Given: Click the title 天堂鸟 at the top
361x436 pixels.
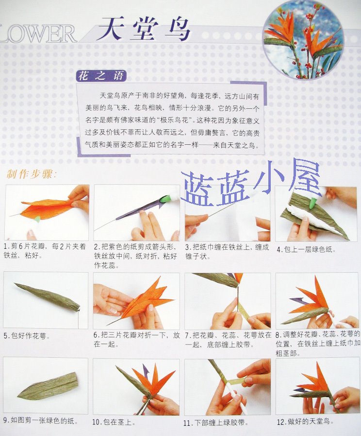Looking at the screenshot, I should [144, 29].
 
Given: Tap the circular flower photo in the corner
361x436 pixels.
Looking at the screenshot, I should [303, 39].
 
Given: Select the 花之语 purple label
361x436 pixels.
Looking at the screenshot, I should [101, 76].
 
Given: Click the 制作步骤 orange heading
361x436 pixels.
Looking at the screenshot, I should [32, 174].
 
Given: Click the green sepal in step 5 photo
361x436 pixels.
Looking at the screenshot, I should [48, 296].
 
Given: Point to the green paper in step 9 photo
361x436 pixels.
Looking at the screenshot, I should [48, 386].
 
